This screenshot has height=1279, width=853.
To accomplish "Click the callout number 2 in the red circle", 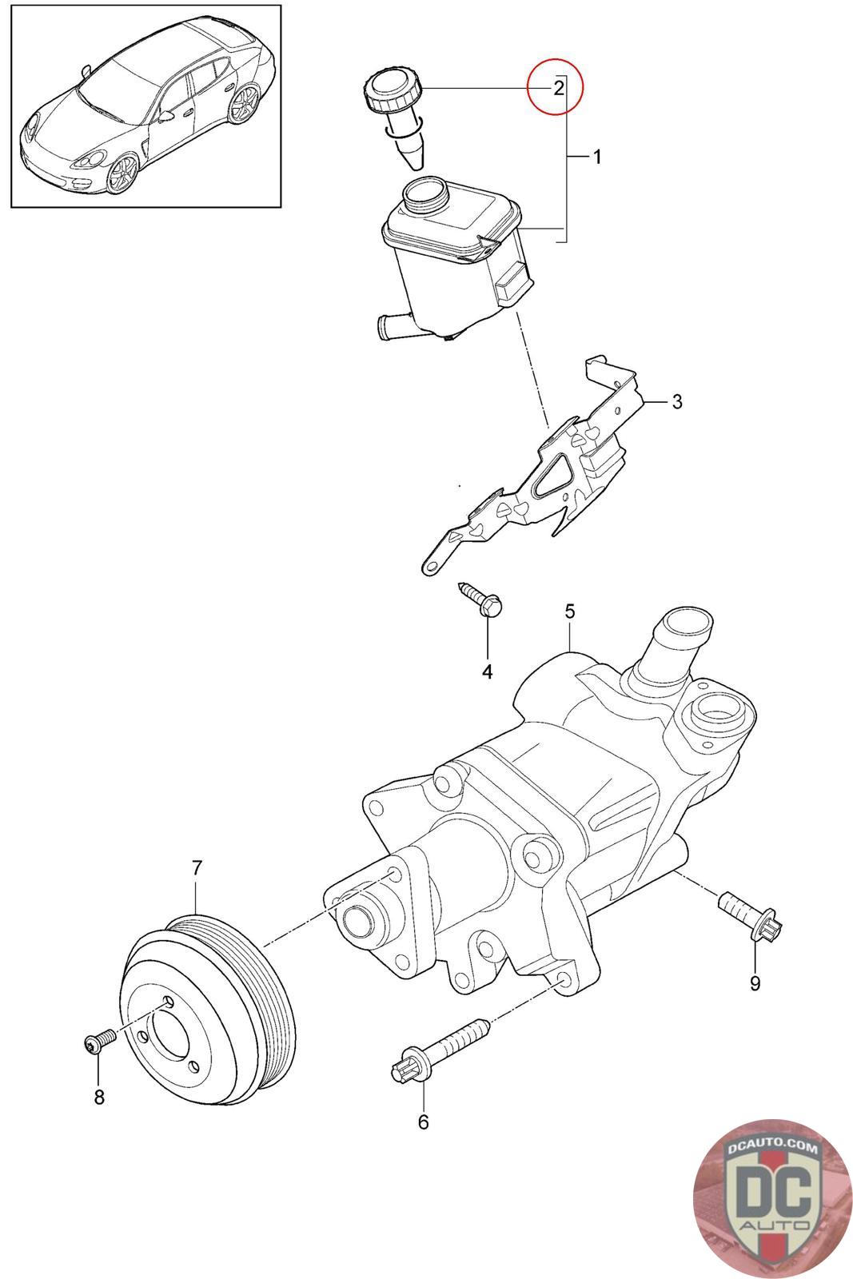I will point(558,87).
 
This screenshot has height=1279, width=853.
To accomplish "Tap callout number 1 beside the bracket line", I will point(596,157).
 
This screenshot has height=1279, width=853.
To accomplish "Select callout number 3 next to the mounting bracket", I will point(676,401).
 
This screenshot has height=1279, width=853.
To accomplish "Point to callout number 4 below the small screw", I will point(487,672).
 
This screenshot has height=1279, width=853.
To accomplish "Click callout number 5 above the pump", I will point(569,612).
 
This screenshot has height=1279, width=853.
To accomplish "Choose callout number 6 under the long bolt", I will point(423,1122).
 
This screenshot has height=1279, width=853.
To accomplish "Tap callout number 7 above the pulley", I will point(197,867).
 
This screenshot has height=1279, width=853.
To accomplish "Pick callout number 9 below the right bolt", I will point(755,982).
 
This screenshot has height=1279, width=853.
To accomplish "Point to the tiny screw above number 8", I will point(99,1040).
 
